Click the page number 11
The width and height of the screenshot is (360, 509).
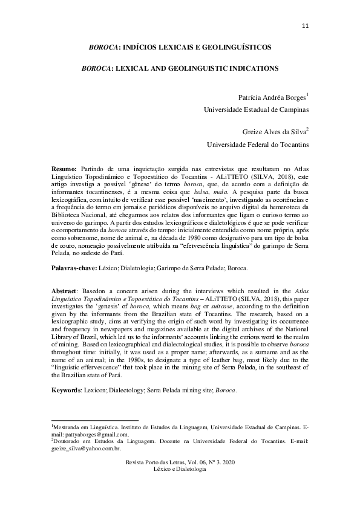pos(304,25)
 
